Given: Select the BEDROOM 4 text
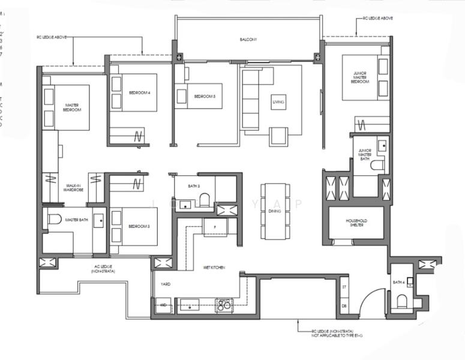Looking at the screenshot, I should click(x=140, y=92).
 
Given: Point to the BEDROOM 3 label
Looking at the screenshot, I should click(x=139, y=226).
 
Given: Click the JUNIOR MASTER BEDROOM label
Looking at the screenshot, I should click(x=360, y=77).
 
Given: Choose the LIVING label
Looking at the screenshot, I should click(x=278, y=103).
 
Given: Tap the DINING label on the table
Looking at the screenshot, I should click(x=275, y=211).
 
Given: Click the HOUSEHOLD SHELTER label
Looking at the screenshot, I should click(x=356, y=223).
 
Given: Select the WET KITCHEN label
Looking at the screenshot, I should click(x=214, y=267).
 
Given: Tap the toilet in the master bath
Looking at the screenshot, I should click(x=55, y=219).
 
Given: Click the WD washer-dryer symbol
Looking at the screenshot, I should click(x=163, y=305).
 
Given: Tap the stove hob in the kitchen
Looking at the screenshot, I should click(x=224, y=305).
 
